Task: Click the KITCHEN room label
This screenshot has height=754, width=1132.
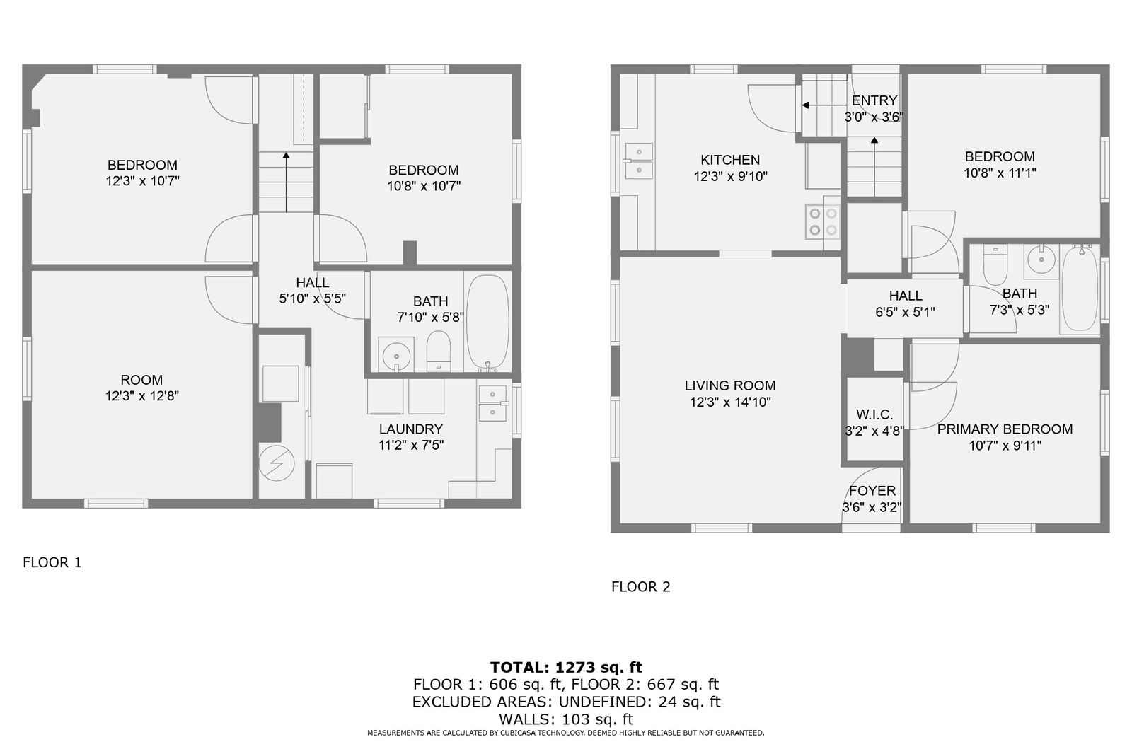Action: (x=729, y=160)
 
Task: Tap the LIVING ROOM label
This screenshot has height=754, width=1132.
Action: (x=729, y=386)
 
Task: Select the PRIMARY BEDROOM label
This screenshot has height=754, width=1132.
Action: (x=1005, y=429)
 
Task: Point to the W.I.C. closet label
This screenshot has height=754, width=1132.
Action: (x=874, y=415)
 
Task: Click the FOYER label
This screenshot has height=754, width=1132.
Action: (x=872, y=491)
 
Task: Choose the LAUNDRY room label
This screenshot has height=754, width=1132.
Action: (x=411, y=429)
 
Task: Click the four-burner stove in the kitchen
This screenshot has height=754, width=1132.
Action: (x=823, y=221)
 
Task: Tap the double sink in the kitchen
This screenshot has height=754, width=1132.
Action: (x=639, y=161)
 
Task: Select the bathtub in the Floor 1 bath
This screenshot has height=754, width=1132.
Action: (x=487, y=322)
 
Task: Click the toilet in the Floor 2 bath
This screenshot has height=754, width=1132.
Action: (x=995, y=265)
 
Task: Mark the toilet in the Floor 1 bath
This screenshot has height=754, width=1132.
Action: (x=438, y=351)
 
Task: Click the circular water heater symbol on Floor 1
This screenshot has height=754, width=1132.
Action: (x=277, y=463)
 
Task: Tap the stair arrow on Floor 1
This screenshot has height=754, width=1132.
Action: (x=286, y=182)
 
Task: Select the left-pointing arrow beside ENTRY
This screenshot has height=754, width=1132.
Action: (x=824, y=105)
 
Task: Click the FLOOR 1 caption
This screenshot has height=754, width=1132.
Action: (x=52, y=562)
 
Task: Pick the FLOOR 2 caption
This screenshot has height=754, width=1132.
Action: (x=641, y=587)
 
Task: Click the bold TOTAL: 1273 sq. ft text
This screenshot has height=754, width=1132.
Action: (x=566, y=667)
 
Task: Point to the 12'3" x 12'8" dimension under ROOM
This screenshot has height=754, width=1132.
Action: (x=142, y=395)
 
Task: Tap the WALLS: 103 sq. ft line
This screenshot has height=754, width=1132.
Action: (x=566, y=719)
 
